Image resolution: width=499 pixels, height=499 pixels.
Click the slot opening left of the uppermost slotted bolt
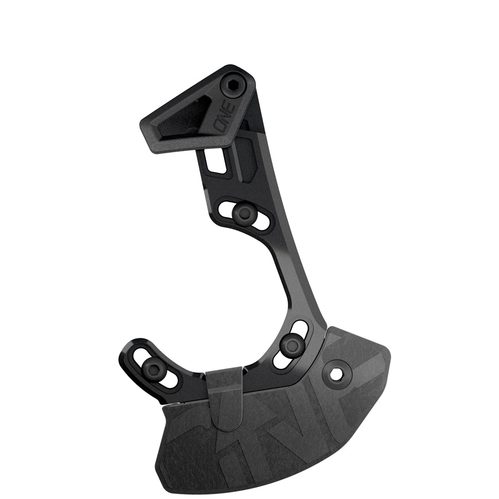[x=226, y=209]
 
